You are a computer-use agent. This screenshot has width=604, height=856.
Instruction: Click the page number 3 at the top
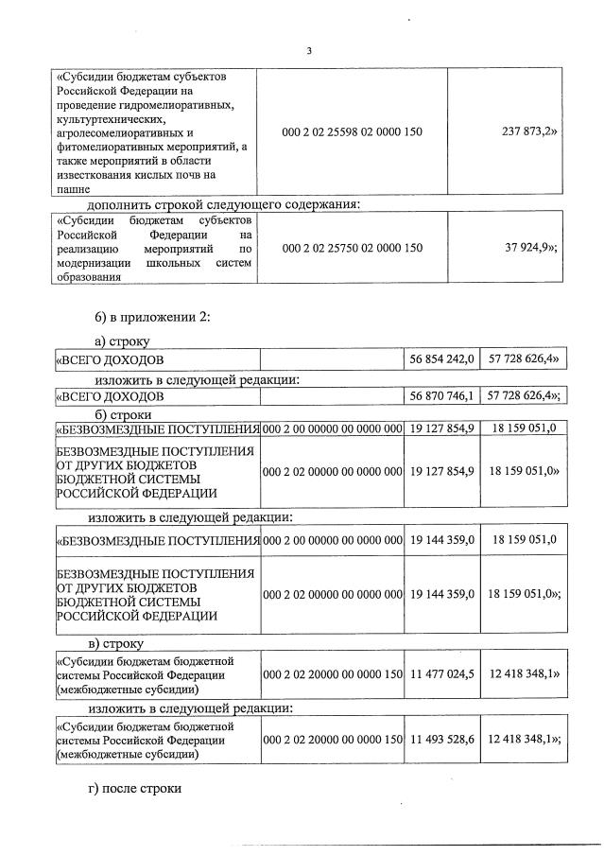coord(307,50)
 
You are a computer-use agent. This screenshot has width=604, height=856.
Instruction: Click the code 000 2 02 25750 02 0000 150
coord(352,248)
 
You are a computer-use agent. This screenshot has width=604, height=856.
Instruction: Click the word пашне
coord(74,189)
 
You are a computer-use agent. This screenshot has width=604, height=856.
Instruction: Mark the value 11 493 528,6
coord(441,741)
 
